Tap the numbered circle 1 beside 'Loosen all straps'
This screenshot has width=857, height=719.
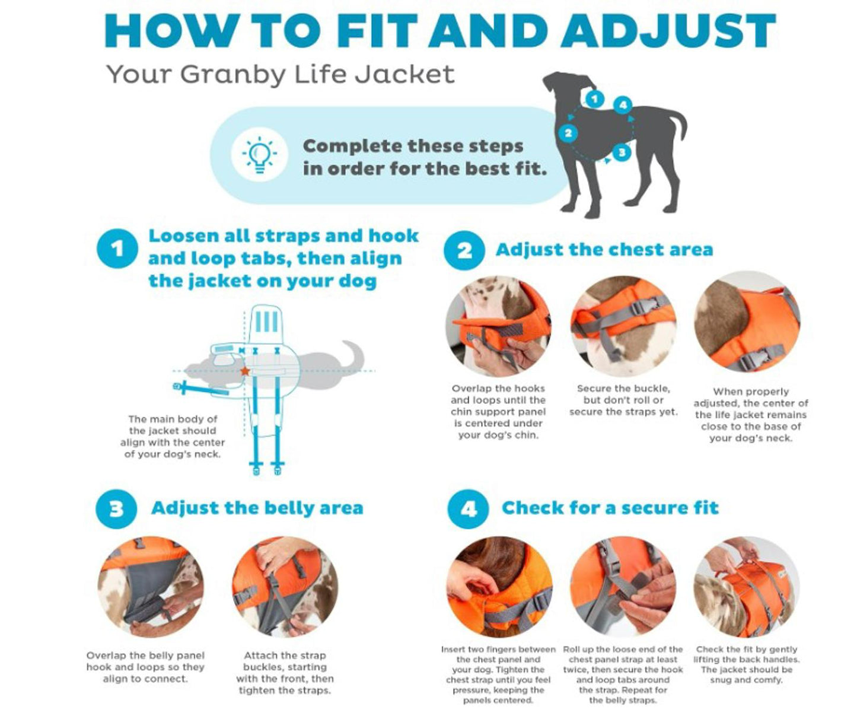tap(117, 249)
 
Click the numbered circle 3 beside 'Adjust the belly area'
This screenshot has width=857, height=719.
tap(116, 508)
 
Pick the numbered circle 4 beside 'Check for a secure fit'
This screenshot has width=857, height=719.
tap(468, 508)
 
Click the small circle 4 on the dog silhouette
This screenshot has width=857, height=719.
tap(622, 106)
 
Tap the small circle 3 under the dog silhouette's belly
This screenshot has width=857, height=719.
tap(621, 152)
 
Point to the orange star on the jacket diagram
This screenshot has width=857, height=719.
tap(244, 371)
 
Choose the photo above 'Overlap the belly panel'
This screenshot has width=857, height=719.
tap(151, 587)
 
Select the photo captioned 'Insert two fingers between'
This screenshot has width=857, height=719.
tap(499, 587)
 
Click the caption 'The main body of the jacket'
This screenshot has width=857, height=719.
tap(173, 436)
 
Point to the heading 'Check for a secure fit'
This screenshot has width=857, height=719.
tap(610, 508)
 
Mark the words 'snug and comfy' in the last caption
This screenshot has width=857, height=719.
tap(746, 680)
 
